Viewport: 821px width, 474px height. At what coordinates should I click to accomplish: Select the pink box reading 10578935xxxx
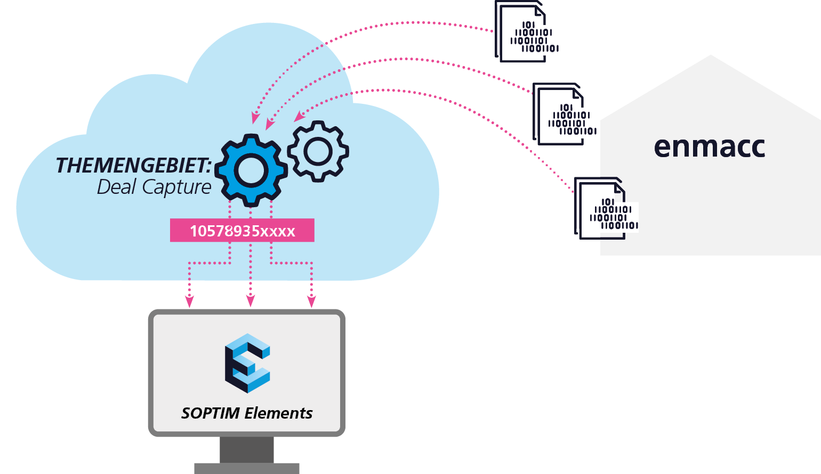[x=242, y=231]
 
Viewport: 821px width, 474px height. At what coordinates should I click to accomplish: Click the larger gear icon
[x=251, y=170]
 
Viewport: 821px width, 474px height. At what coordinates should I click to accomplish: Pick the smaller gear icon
[x=318, y=151]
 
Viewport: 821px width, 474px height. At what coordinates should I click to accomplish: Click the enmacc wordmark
[x=709, y=147]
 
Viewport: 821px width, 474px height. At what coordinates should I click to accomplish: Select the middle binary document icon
[x=562, y=114]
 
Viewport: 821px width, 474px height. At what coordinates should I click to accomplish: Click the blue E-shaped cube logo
[x=247, y=363]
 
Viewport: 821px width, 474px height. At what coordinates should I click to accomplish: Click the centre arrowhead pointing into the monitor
[x=251, y=301]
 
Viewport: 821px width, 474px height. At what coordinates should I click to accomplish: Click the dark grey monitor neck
[x=247, y=450]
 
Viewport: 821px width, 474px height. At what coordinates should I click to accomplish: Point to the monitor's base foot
[x=247, y=469]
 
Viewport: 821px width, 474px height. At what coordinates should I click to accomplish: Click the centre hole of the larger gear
[x=251, y=170]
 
